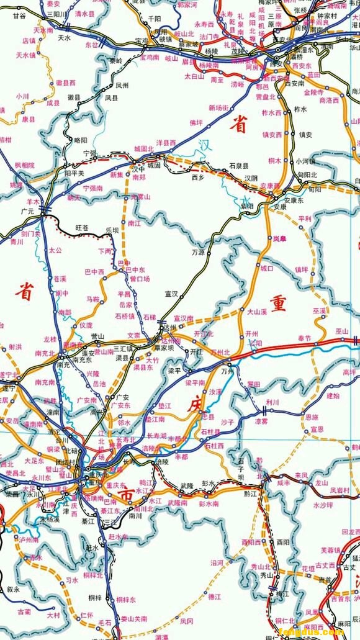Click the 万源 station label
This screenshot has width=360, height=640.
tap(198, 252)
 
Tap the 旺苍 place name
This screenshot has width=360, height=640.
tap(83, 228)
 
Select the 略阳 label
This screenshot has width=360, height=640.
tap(81, 140)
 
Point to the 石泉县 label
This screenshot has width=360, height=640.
tap(238, 166)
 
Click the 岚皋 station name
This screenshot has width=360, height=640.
tap(279, 238)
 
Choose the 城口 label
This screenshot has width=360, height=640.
tap(267, 268)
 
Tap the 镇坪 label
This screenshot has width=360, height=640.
tap(301, 269)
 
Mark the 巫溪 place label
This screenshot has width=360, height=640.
tap(320, 310)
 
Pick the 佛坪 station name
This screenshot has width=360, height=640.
tap(196, 122)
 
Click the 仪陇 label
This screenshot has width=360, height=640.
tap(86, 325)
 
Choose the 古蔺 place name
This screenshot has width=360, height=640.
tap(24, 611)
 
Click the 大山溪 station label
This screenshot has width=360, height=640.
tap(257, 311)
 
